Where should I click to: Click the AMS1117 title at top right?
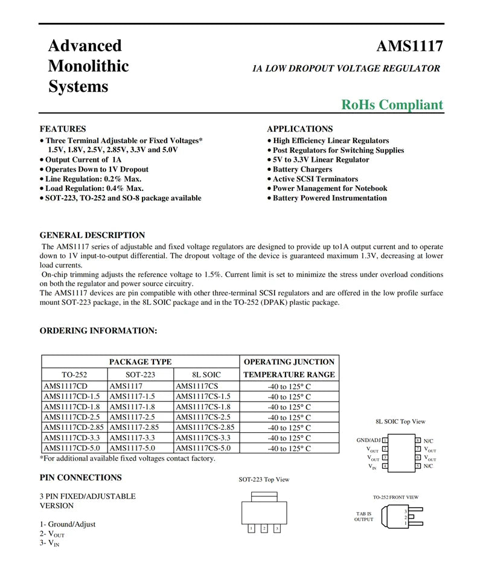pyautogui.click(x=409, y=46)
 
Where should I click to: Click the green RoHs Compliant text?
pyautogui.click(x=392, y=104)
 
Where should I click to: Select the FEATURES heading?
pyautogui.click(x=63, y=129)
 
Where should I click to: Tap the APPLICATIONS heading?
pyautogui.click(x=299, y=129)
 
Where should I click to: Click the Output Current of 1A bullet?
pyautogui.click(x=83, y=160)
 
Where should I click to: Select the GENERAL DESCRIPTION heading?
pyautogui.click(x=92, y=235)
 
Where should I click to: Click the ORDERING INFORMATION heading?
pyautogui.click(x=98, y=331)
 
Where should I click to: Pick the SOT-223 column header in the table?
pyautogui.click(x=140, y=375)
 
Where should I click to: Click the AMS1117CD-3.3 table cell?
pyautogui.click(x=72, y=438)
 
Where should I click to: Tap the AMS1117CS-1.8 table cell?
pyautogui.click(x=203, y=407)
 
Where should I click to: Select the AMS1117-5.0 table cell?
pyautogui.click(x=132, y=448)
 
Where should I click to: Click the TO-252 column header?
pyautogui.click(x=74, y=375)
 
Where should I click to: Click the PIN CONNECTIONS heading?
pyautogui.click(x=80, y=478)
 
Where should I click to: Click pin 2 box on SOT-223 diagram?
pyautogui.click(x=264, y=528)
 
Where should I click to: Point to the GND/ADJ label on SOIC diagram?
pyautogui.click(x=368, y=441)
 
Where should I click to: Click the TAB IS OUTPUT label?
pyautogui.click(x=363, y=516)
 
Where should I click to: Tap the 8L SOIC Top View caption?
pyautogui.click(x=400, y=421)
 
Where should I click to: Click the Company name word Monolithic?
pyautogui.click(x=88, y=66)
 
